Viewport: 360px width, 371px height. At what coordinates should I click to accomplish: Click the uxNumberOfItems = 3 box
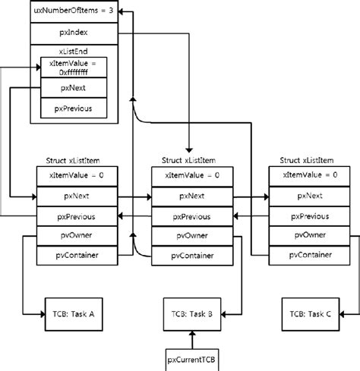[x=74, y=12]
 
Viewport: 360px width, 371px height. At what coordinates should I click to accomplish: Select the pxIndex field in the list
[x=74, y=33]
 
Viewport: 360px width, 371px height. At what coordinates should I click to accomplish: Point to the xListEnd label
[x=74, y=51]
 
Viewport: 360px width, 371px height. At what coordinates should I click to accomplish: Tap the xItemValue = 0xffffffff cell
[x=73, y=68]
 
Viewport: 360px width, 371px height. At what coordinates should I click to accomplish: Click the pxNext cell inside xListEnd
[x=73, y=89]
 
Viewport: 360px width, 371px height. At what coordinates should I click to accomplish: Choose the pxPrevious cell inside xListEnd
[x=73, y=109]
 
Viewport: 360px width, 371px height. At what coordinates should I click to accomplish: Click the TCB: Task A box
[x=73, y=311]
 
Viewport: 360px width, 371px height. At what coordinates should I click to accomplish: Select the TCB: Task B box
[x=191, y=311]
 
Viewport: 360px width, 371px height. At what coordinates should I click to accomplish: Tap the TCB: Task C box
[x=309, y=311]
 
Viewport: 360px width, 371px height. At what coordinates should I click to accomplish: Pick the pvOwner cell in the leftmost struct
[x=77, y=236]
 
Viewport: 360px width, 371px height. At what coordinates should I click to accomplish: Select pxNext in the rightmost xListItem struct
[x=309, y=196]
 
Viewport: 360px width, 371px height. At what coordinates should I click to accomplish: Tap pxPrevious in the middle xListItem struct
[x=192, y=216]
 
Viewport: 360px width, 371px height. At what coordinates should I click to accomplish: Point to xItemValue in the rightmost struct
[x=309, y=175]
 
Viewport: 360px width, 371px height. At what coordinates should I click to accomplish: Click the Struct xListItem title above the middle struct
[x=192, y=160]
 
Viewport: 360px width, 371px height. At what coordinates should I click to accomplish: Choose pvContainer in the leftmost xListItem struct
[x=77, y=256]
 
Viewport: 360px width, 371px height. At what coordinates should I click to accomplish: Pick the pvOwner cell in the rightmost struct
[x=309, y=236]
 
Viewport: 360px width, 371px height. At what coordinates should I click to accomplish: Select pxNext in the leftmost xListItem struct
[x=77, y=196]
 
